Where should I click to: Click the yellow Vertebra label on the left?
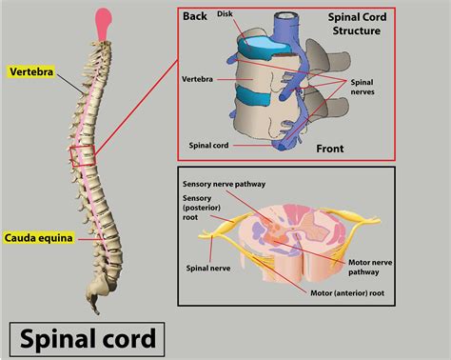click(x=29, y=70)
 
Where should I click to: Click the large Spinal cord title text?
click(x=85, y=337)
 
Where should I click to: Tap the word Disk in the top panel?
click(x=225, y=14)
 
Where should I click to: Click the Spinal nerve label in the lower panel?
click(x=209, y=268)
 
